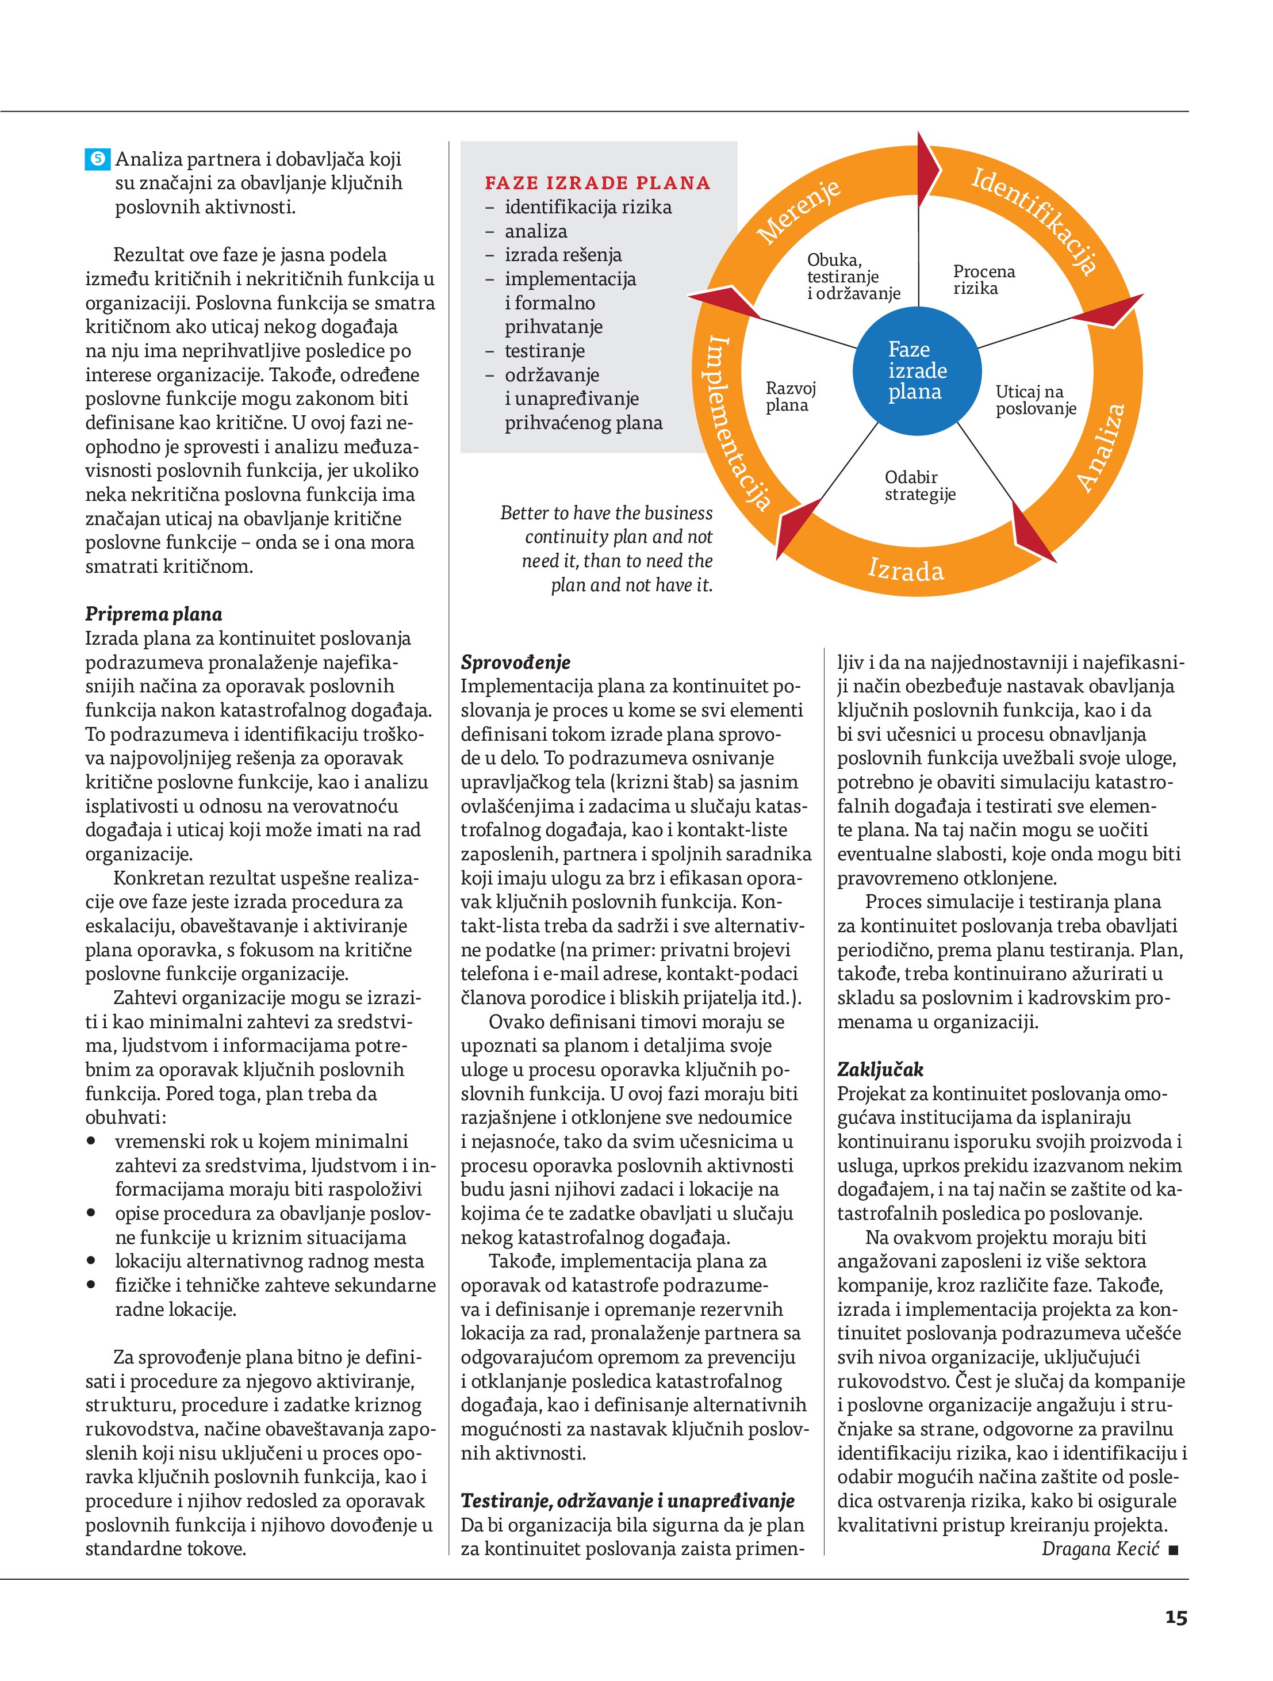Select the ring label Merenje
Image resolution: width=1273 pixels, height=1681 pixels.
point(800,213)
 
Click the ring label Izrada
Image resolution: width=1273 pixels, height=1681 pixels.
point(906,569)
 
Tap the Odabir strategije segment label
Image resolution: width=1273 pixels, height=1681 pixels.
point(919,485)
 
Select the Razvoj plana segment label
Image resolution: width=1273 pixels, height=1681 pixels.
point(791,397)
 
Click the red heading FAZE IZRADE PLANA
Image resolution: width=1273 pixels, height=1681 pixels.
point(597,183)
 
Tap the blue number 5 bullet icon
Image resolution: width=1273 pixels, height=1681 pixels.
point(98,159)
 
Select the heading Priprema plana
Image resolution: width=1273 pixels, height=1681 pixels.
point(154,614)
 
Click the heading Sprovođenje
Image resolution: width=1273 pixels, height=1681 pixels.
point(515,662)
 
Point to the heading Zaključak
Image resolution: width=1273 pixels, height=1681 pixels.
point(880,1069)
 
